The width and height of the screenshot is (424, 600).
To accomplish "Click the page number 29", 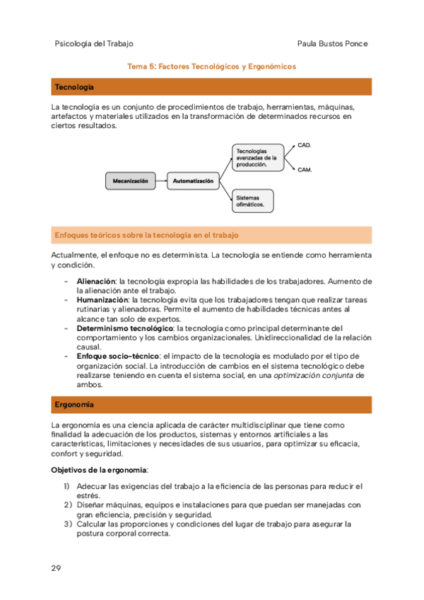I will point(56,569).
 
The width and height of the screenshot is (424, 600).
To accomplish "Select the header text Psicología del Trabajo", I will point(93,44).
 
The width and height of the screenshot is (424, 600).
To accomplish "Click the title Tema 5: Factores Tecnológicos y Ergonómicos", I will point(211,67).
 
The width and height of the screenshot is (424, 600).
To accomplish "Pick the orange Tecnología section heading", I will point(74,87).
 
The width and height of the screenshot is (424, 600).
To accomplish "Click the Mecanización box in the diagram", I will point(130,181).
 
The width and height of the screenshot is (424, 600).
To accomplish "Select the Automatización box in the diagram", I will point(193,181).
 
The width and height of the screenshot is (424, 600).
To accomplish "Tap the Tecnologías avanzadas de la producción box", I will point(256,157).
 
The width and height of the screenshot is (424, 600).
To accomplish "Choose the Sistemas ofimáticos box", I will point(253,201).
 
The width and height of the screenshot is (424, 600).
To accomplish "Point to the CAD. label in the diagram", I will point(305,145).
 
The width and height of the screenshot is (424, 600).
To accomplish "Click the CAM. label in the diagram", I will point(305,170).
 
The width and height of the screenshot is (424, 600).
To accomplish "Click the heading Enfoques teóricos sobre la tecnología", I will point(147,234).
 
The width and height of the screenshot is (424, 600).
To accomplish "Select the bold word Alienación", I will point(95,282).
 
